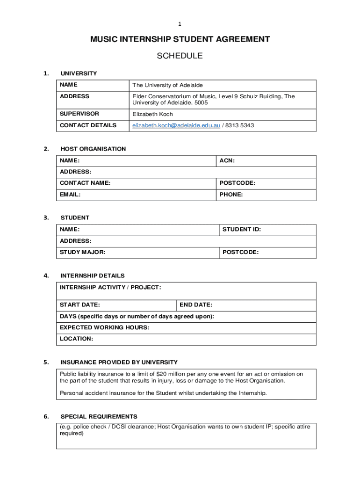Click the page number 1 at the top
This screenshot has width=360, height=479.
(180, 24)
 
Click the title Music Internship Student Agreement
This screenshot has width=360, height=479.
(180, 39)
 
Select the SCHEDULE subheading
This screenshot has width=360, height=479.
(180, 56)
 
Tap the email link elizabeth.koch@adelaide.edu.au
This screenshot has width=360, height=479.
(176, 125)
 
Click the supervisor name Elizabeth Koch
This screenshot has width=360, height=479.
(152, 114)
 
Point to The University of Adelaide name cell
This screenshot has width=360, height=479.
(167, 85)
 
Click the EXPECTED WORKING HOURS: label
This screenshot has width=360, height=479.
(105, 327)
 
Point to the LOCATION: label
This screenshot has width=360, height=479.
(76, 339)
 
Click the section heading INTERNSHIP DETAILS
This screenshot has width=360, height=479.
(93, 276)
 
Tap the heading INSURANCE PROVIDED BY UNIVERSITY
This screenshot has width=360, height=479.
(119, 363)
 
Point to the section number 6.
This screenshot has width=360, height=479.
(46, 417)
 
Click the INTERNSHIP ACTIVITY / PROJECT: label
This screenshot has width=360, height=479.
(110, 287)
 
